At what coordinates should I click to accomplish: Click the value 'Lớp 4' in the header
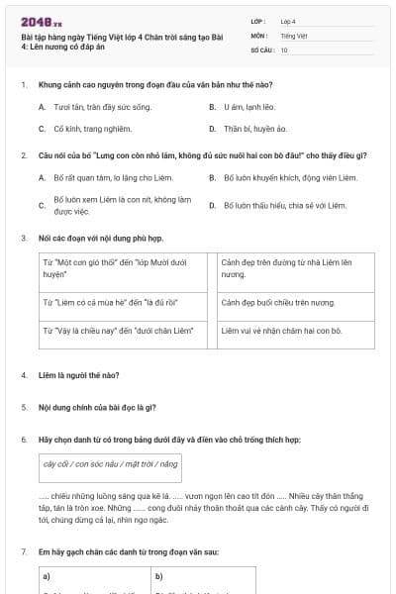288,21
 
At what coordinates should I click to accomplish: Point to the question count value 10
284,49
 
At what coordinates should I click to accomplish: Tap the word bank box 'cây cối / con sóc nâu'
111,463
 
